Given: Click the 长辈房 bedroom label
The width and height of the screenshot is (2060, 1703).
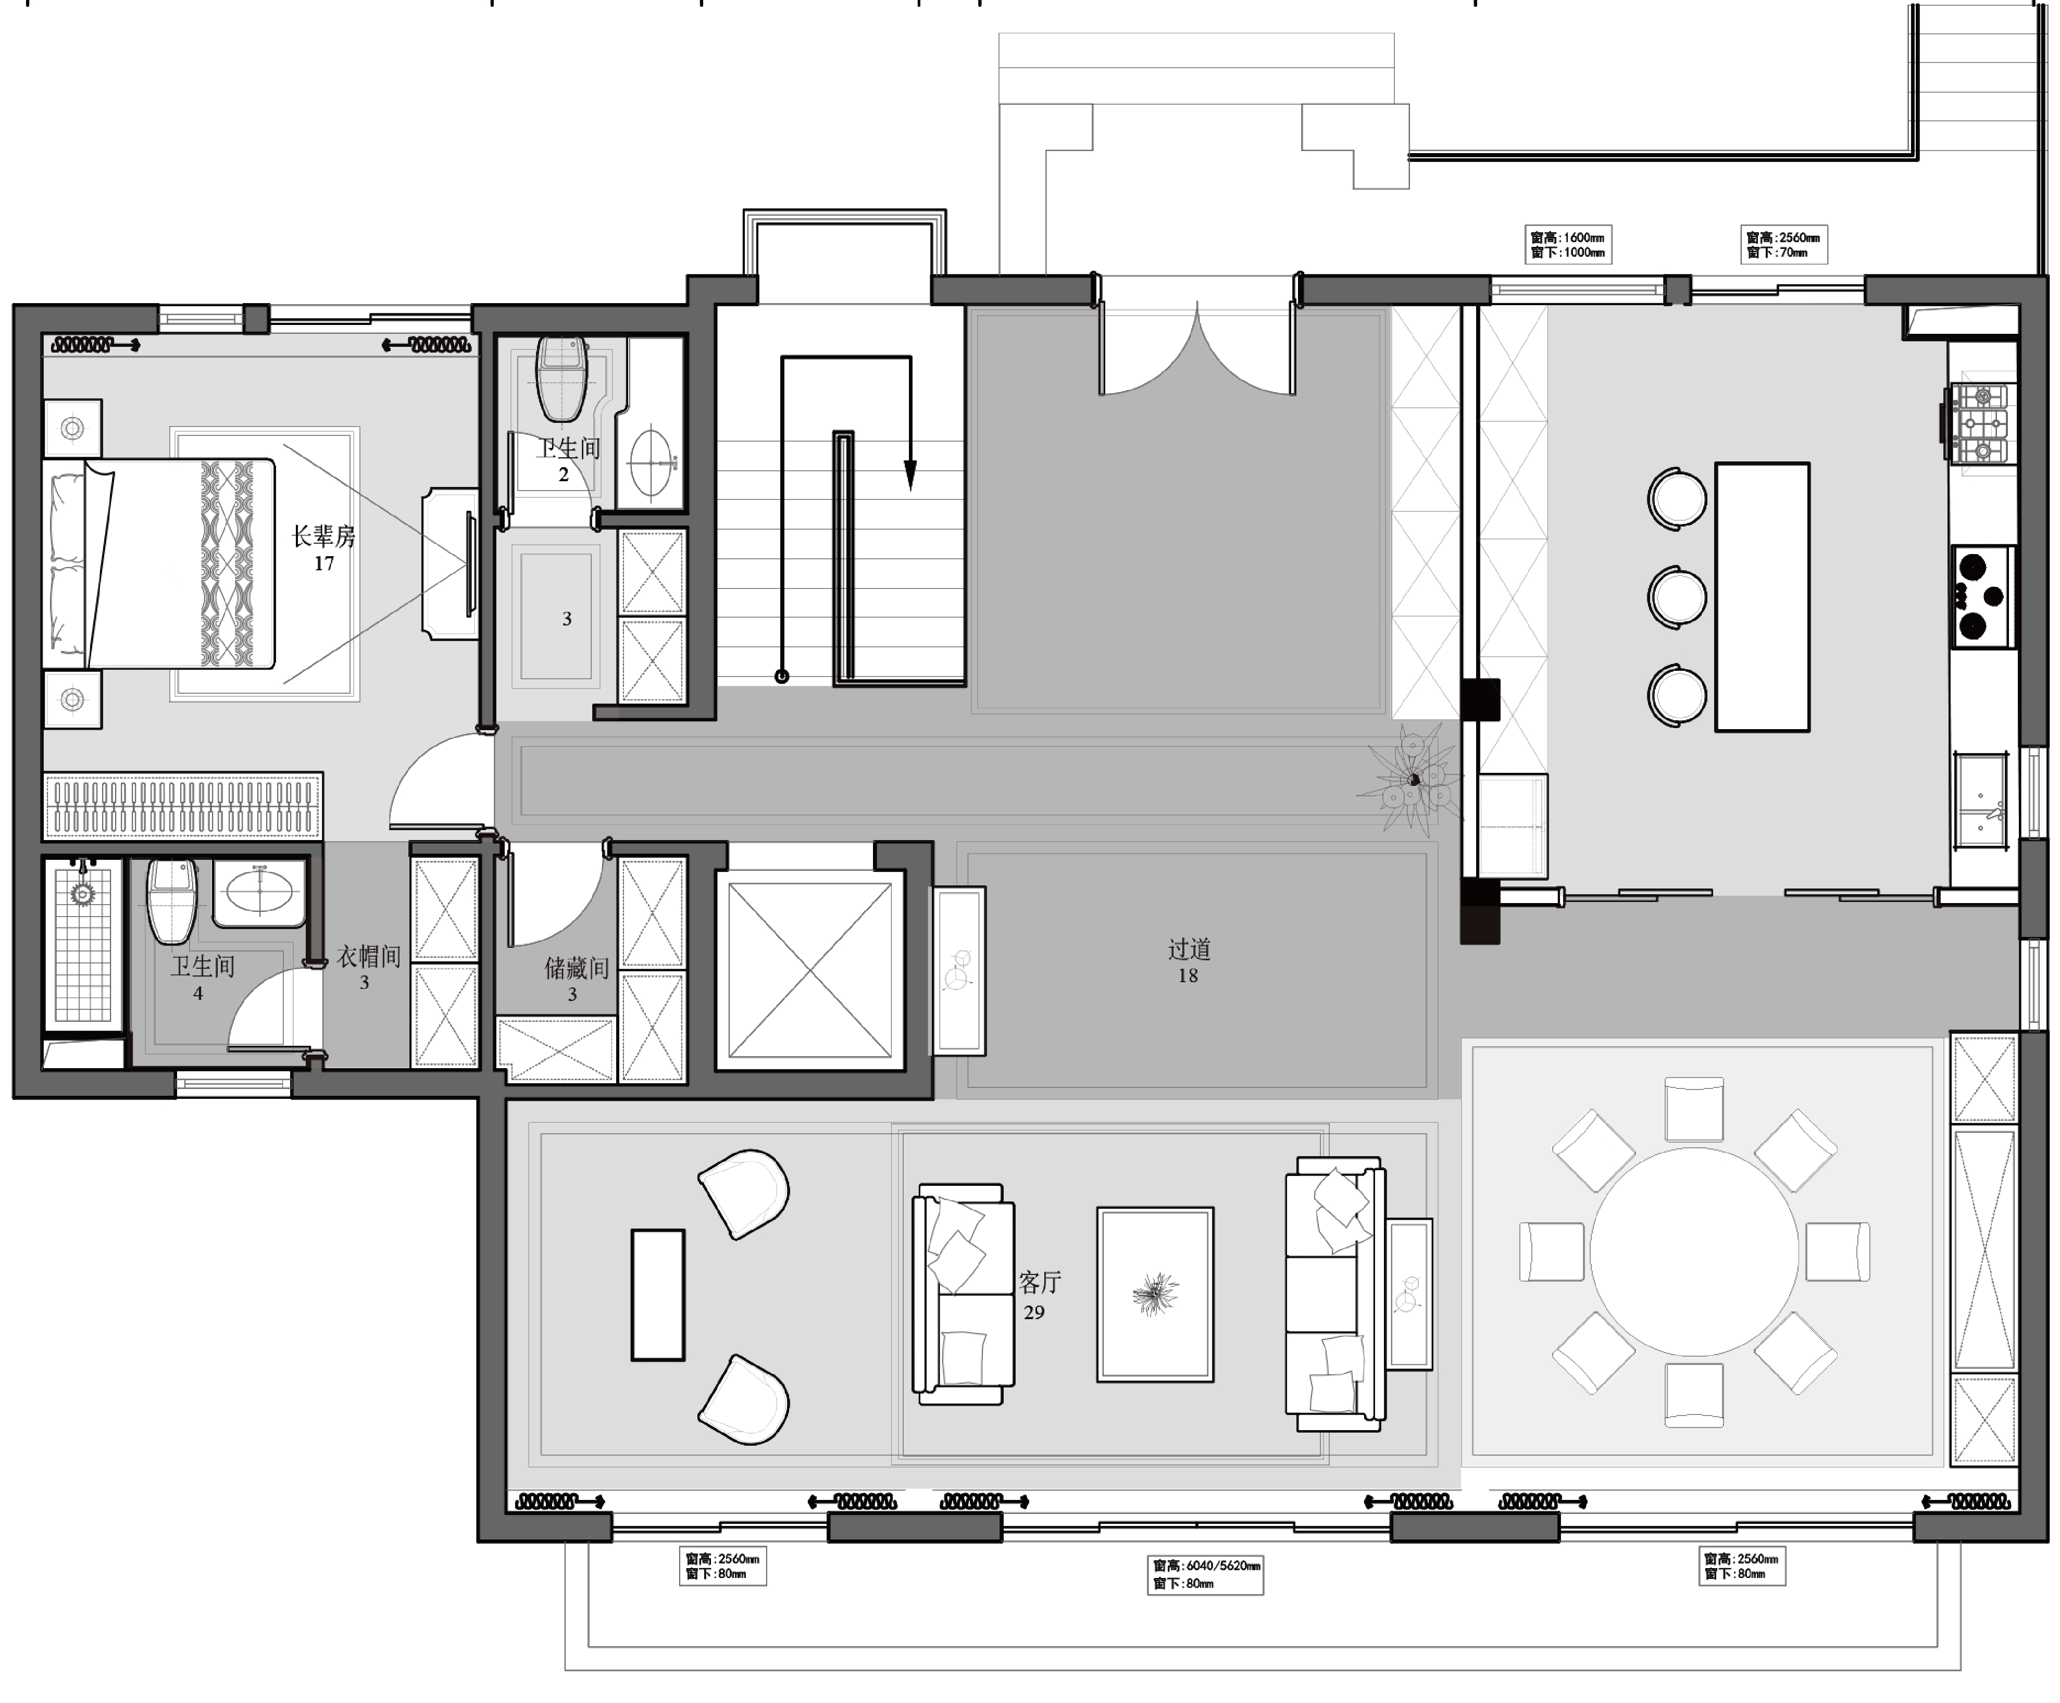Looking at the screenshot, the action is [x=324, y=535].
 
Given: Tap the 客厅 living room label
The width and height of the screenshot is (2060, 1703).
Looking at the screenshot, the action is [x=1040, y=1282].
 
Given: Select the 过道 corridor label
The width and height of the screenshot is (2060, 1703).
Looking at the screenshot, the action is [x=1189, y=948].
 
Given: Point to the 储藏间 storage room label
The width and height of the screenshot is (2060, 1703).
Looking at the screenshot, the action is [x=577, y=968].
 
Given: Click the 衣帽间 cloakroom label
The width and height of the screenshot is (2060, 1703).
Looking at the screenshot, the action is [x=369, y=957].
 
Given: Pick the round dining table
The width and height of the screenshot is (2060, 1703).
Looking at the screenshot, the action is [x=1694, y=1252].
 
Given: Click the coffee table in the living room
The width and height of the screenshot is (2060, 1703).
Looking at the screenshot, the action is [x=1155, y=1294].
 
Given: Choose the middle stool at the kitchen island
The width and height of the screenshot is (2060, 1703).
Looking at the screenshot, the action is [x=1677, y=595].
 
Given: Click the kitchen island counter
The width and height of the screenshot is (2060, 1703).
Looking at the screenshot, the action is [x=1762, y=596].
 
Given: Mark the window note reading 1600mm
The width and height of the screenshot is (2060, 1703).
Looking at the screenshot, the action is [x=1568, y=244].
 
